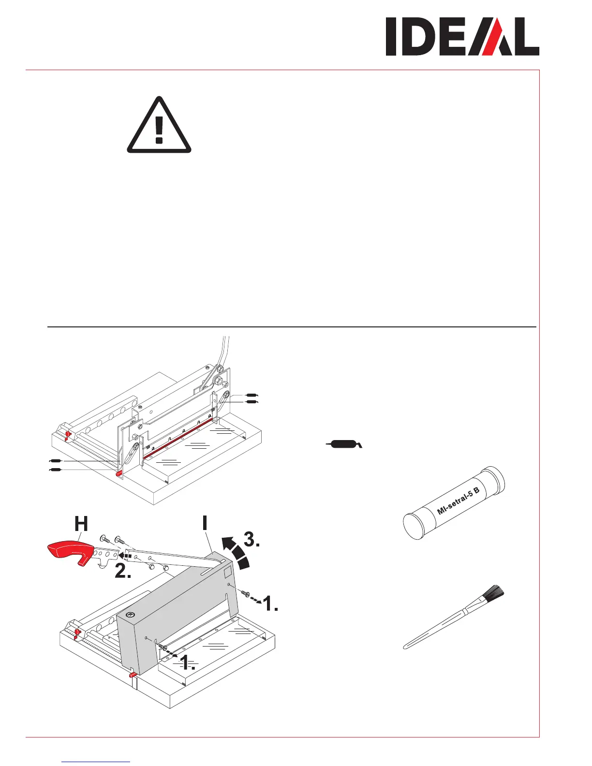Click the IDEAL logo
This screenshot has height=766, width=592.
tap(462, 37)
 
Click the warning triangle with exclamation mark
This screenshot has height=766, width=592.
tap(159, 126)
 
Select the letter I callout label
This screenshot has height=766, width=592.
tap(205, 523)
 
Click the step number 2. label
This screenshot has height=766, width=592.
tap(123, 572)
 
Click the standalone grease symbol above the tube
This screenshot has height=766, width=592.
tap(343, 443)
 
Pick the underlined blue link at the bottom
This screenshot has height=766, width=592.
tap(96, 761)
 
